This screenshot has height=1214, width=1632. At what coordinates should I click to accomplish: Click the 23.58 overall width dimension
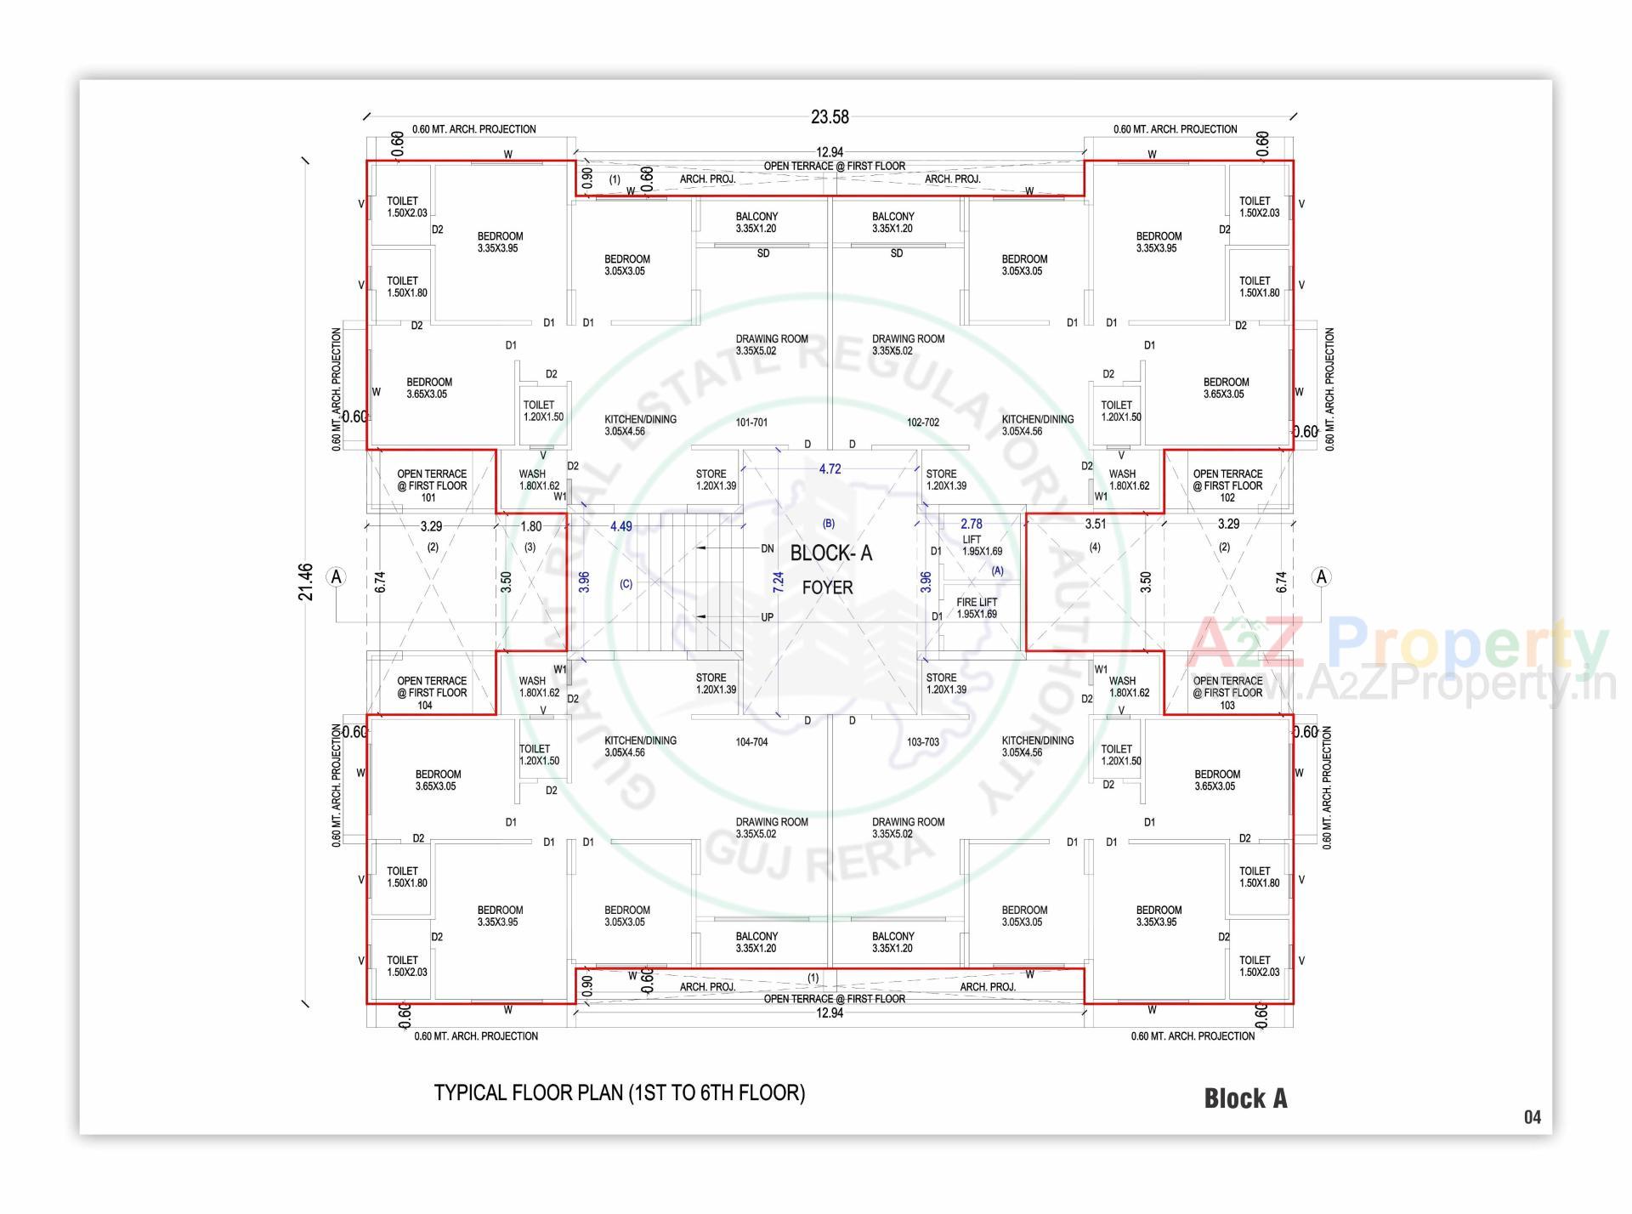829,117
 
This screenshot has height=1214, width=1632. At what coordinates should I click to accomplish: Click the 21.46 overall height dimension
306,582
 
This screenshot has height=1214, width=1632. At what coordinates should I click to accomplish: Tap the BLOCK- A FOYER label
830,569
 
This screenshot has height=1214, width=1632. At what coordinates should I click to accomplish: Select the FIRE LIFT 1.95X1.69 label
977,608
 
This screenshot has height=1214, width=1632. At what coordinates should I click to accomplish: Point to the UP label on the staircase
767,617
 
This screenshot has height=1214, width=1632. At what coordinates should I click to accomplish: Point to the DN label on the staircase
767,549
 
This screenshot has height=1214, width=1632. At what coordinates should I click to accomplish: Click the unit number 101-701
751,423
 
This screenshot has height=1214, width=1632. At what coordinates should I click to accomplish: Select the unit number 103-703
922,742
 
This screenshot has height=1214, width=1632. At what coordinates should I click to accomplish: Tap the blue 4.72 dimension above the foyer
830,469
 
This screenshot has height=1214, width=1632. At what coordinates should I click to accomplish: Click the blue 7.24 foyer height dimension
779,582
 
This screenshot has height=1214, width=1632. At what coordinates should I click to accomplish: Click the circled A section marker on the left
337,577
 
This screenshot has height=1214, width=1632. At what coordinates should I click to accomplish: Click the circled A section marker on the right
1321,577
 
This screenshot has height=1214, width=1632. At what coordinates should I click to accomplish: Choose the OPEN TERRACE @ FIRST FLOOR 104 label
431,693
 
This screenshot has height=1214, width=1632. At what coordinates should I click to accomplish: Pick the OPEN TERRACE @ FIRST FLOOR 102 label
1227,485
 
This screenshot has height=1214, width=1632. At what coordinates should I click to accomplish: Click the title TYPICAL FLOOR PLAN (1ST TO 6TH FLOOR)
620,1092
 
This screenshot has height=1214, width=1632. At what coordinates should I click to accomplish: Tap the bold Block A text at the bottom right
1245,1098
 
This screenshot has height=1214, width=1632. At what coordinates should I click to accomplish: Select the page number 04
1532,1117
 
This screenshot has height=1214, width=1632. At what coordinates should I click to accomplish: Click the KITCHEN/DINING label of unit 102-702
1037,425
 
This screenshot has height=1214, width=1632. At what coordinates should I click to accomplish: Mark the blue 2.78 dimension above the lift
971,525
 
